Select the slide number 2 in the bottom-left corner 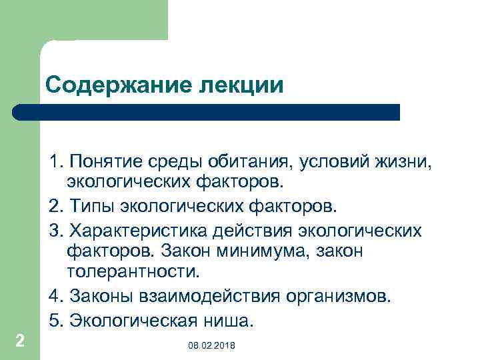(x=20, y=341)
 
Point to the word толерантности (x=133, y=272)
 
